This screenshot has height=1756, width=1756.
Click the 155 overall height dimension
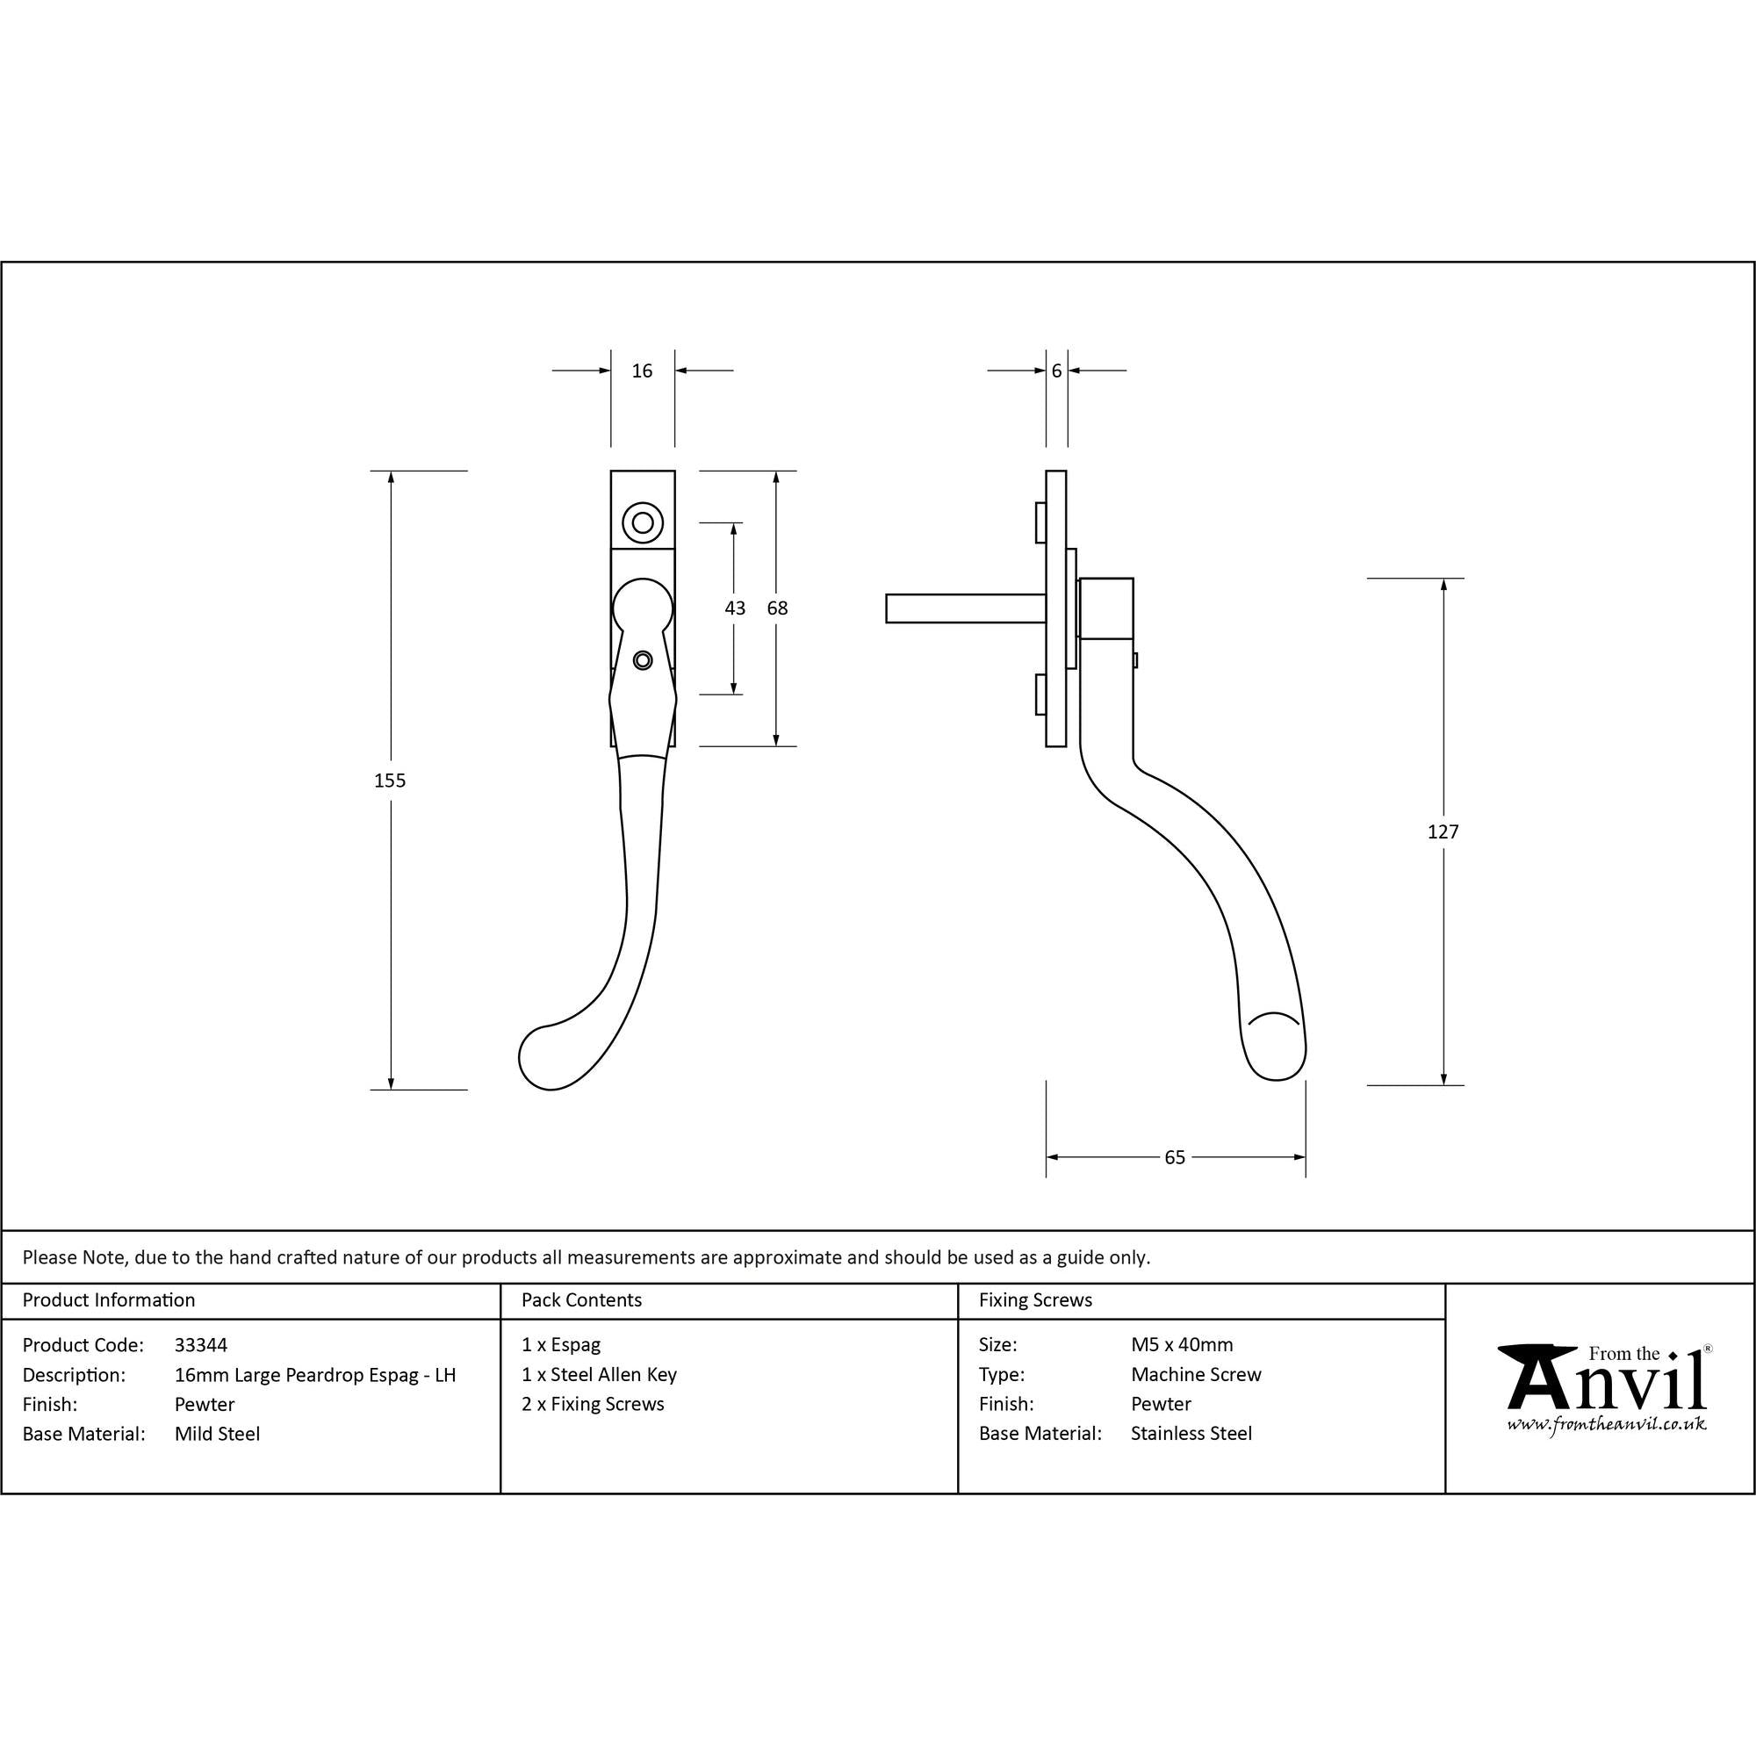coord(390,781)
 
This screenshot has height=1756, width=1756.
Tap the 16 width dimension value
coord(643,371)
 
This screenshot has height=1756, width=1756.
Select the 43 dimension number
coord(735,608)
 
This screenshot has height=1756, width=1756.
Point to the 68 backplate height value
coord(777,608)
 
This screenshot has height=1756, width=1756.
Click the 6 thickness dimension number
coord(1056,371)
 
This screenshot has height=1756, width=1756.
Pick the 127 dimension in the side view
coord(1443,831)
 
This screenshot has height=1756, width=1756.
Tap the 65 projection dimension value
coord(1176,1157)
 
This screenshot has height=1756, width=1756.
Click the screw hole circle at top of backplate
coord(643,522)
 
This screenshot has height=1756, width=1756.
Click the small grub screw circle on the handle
coord(643,660)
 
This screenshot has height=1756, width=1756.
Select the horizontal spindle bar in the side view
coord(965,608)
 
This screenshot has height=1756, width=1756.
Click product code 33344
coord(201,1345)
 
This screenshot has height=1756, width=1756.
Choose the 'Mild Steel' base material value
coord(217,1435)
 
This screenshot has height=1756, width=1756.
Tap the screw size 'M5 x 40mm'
coord(1182,1344)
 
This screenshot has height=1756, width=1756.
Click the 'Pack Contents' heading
coord(582,1300)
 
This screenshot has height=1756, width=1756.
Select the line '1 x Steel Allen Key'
coord(599,1375)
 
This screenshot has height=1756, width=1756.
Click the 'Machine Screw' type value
coord(1196,1374)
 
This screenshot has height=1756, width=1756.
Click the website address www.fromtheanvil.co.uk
coord(1606,1423)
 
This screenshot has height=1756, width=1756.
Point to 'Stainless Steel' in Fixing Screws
coord(1191,1434)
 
